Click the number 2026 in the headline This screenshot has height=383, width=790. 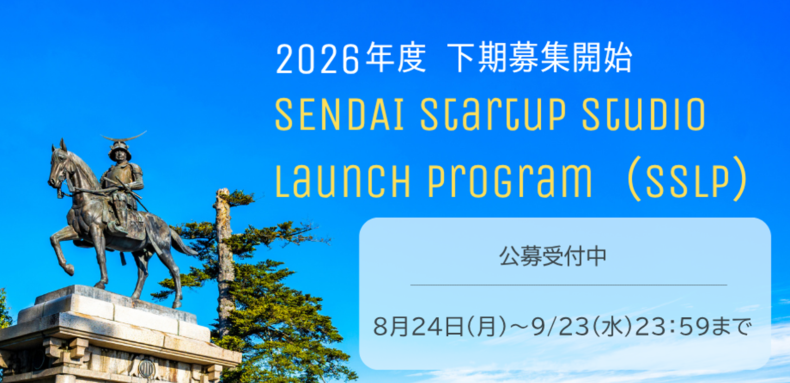tap(317, 59)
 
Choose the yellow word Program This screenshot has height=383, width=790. tap(509, 182)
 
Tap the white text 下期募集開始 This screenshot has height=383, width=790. tap(539, 58)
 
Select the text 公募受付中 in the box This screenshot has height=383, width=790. tap(553, 256)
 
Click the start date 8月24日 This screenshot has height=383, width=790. tap(418, 327)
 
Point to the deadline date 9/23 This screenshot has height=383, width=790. tap(560, 327)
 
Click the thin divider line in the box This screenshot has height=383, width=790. tap(569, 284)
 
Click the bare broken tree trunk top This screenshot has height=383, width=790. tap(223, 196)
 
